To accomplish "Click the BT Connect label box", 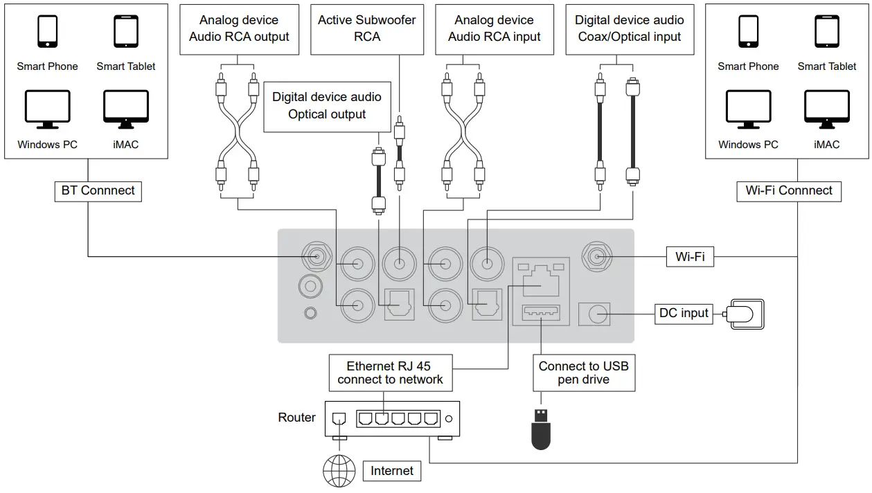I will tap(98, 191).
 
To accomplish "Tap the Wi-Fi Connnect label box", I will tap(788, 191).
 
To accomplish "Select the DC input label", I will tap(684, 314).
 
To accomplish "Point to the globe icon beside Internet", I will tap(339, 471).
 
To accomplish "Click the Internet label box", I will tap(391, 472).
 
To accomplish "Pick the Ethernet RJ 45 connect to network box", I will tap(390, 373).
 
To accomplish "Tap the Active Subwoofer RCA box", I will tap(366, 29).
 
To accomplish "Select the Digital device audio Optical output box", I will tap(327, 106).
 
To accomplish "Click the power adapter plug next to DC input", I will tap(745, 314).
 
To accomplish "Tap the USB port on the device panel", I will tap(540, 314).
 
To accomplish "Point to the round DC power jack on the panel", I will tap(597, 315).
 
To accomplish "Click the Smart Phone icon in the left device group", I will tap(48, 32).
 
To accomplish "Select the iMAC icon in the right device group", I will tap(826, 110).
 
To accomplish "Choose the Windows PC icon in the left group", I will tap(48, 110).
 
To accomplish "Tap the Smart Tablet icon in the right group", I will tap(826, 32).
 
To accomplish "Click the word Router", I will tap(296, 418).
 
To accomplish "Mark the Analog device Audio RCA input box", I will tap(494, 29).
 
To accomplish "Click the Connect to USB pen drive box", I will tap(583, 373).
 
